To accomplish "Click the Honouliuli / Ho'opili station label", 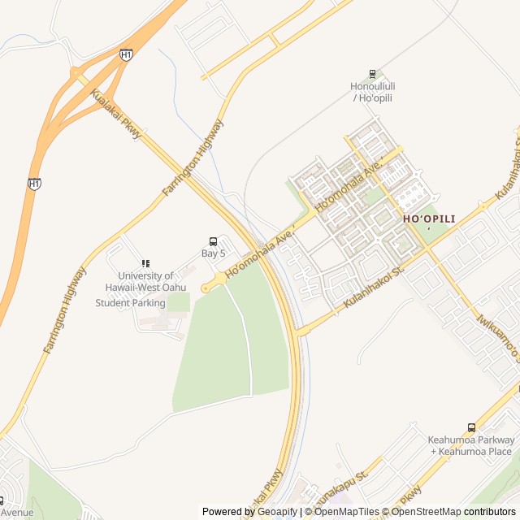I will (x=372, y=92).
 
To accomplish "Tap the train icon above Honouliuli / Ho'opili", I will (x=372, y=74).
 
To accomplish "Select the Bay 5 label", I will (x=214, y=253).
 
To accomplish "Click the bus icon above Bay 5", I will (x=213, y=241).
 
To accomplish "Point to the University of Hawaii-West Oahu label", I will (x=145, y=281).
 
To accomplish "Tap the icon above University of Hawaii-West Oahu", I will (x=145, y=263).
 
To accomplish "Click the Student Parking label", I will (x=130, y=303).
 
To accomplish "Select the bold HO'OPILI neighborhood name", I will (x=429, y=219).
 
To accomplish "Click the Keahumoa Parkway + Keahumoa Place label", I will (x=470, y=445).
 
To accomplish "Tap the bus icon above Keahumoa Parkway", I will (x=471, y=427).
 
